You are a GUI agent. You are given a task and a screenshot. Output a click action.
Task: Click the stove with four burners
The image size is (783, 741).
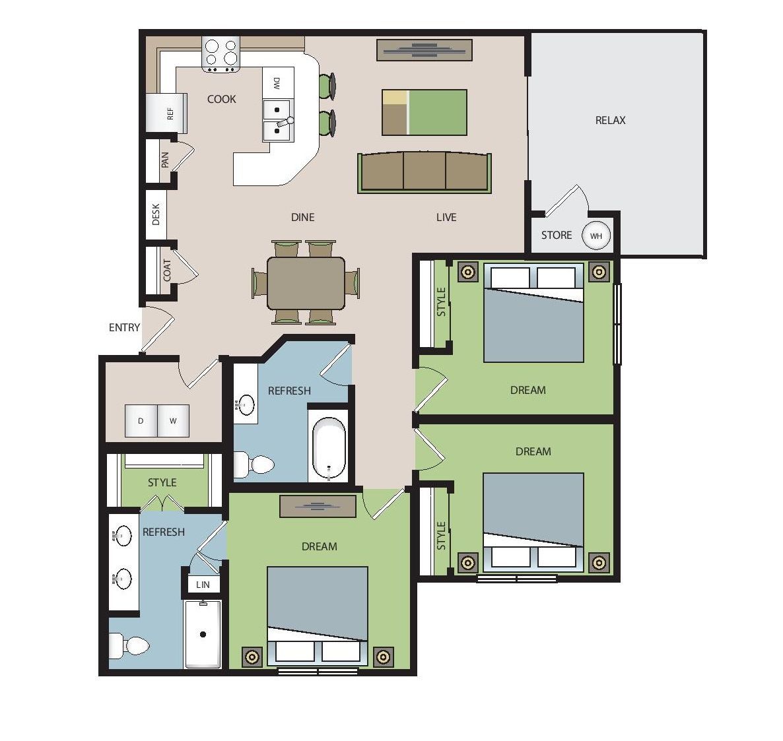pos(221,54)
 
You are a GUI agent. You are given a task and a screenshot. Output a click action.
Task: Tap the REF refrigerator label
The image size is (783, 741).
pos(170,113)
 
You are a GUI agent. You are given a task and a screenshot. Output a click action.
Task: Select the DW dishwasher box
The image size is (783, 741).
pos(278,83)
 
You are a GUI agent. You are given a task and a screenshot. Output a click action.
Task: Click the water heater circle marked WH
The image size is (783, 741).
pos(596,236)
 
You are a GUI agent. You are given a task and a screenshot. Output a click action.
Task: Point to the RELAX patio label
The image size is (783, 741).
pos(610,120)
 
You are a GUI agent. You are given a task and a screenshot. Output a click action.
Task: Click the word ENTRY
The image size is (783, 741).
pos(124,327)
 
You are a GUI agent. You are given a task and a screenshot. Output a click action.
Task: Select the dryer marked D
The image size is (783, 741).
pos(141,421)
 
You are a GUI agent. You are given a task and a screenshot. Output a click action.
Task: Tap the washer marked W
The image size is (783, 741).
pos(173,421)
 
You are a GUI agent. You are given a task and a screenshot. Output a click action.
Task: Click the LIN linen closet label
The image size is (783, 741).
pos(203,585)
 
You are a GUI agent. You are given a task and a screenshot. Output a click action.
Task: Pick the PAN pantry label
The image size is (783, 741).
pos(165,160)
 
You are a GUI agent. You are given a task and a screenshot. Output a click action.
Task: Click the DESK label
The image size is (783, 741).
pos(156,214)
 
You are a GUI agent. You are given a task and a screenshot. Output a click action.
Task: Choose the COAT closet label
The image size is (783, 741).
pos(167,271)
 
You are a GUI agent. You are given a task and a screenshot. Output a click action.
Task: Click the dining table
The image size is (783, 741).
pos(306,283)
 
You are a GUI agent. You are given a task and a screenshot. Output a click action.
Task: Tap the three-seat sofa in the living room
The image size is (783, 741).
pos(425,173)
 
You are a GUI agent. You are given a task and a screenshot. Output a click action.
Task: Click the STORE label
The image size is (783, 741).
pos(557,235)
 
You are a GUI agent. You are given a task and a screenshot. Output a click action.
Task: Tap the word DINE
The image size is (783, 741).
pos(302,217)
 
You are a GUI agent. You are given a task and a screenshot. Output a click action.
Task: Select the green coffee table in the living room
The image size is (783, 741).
pos(425,112)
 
